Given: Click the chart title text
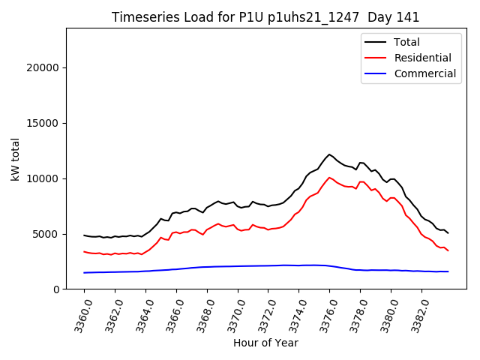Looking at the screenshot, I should pos(265,17).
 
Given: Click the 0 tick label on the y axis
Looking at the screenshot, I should pos(56,289).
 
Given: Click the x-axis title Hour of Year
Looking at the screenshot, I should pos(265,343).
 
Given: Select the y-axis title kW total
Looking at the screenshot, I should pos(15,159).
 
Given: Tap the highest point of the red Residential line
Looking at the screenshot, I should pos(329,178).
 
